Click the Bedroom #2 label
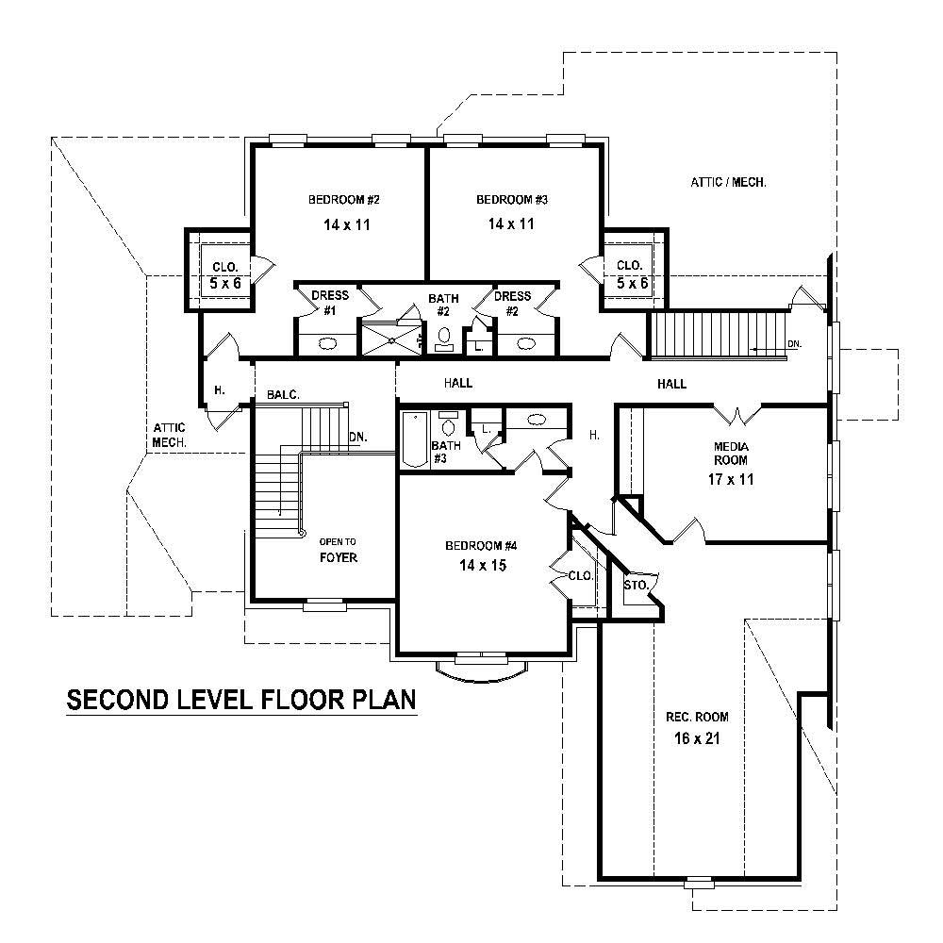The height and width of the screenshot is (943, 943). (343, 200)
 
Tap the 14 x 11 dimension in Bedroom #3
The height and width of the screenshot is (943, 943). (511, 224)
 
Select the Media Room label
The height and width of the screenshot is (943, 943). (731, 453)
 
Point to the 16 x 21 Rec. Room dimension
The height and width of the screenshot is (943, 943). (697, 738)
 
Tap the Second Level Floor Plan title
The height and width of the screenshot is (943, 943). (240, 701)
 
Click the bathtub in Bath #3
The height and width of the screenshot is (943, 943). (414, 439)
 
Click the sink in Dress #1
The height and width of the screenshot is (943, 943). (328, 343)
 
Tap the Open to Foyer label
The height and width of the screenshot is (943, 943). (338, 549)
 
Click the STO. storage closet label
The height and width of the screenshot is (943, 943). (636, 586)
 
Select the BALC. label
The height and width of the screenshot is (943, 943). (283, 394)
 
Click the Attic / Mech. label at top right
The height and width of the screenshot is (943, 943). (727, 182)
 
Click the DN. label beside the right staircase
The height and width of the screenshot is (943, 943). (794, 345)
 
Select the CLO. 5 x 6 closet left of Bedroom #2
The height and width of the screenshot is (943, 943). (224, 274)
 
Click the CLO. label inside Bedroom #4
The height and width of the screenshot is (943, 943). (579, 576)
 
